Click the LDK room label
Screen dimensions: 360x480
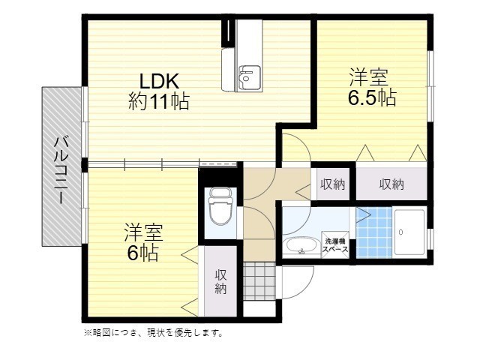point(158,80)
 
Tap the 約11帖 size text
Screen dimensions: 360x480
point(158,101)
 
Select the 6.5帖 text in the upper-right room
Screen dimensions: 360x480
point(371,97)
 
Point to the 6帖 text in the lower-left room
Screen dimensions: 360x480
point(142,253)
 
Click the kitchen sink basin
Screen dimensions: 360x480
point(248,75)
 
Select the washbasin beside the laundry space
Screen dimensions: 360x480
point(301,246)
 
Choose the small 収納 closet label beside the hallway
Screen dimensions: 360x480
point(333,184)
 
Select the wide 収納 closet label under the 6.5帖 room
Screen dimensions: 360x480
point(391,184)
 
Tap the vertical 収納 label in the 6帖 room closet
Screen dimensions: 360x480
point(221,282)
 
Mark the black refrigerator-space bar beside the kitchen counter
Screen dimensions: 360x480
point(226,31)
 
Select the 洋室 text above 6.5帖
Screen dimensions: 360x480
point(370,76)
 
